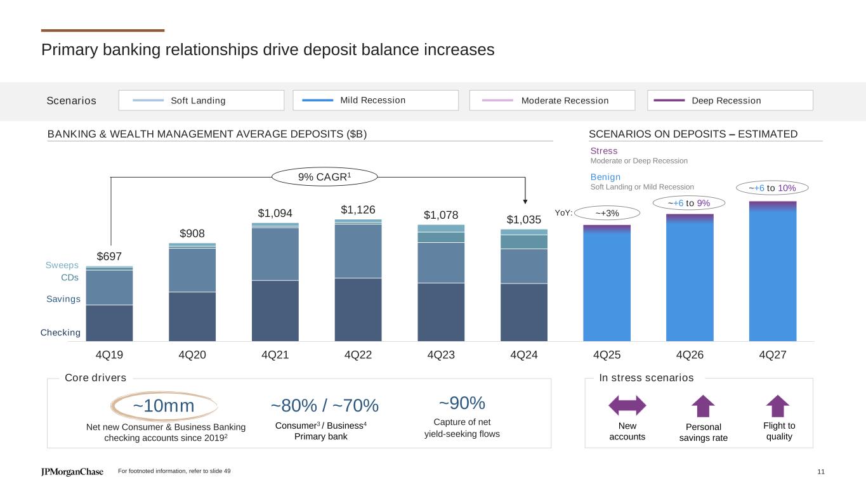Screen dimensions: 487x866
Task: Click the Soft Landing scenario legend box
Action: (201, 100)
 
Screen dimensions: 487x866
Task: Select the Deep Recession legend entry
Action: (730, 100)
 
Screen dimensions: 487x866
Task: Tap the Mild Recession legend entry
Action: (376, 100)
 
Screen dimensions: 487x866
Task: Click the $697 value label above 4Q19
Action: (109, 256)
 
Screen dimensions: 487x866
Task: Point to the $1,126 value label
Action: (358, 209)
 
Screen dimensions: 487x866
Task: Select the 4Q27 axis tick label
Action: (773, 356)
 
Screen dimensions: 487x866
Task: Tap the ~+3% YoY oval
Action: (607, 212)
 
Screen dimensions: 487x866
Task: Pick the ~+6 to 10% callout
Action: (772, 188)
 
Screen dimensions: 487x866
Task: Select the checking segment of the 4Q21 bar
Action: (275, 311)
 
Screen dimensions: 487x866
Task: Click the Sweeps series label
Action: (62, 265)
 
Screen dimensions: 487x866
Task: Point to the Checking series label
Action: (61, 333)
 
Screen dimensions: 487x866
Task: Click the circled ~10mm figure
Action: (164, 406)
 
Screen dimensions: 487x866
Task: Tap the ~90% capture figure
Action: (462, 403)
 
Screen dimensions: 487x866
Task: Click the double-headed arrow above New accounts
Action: (627, 406)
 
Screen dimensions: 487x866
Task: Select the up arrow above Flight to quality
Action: (778, 406)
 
